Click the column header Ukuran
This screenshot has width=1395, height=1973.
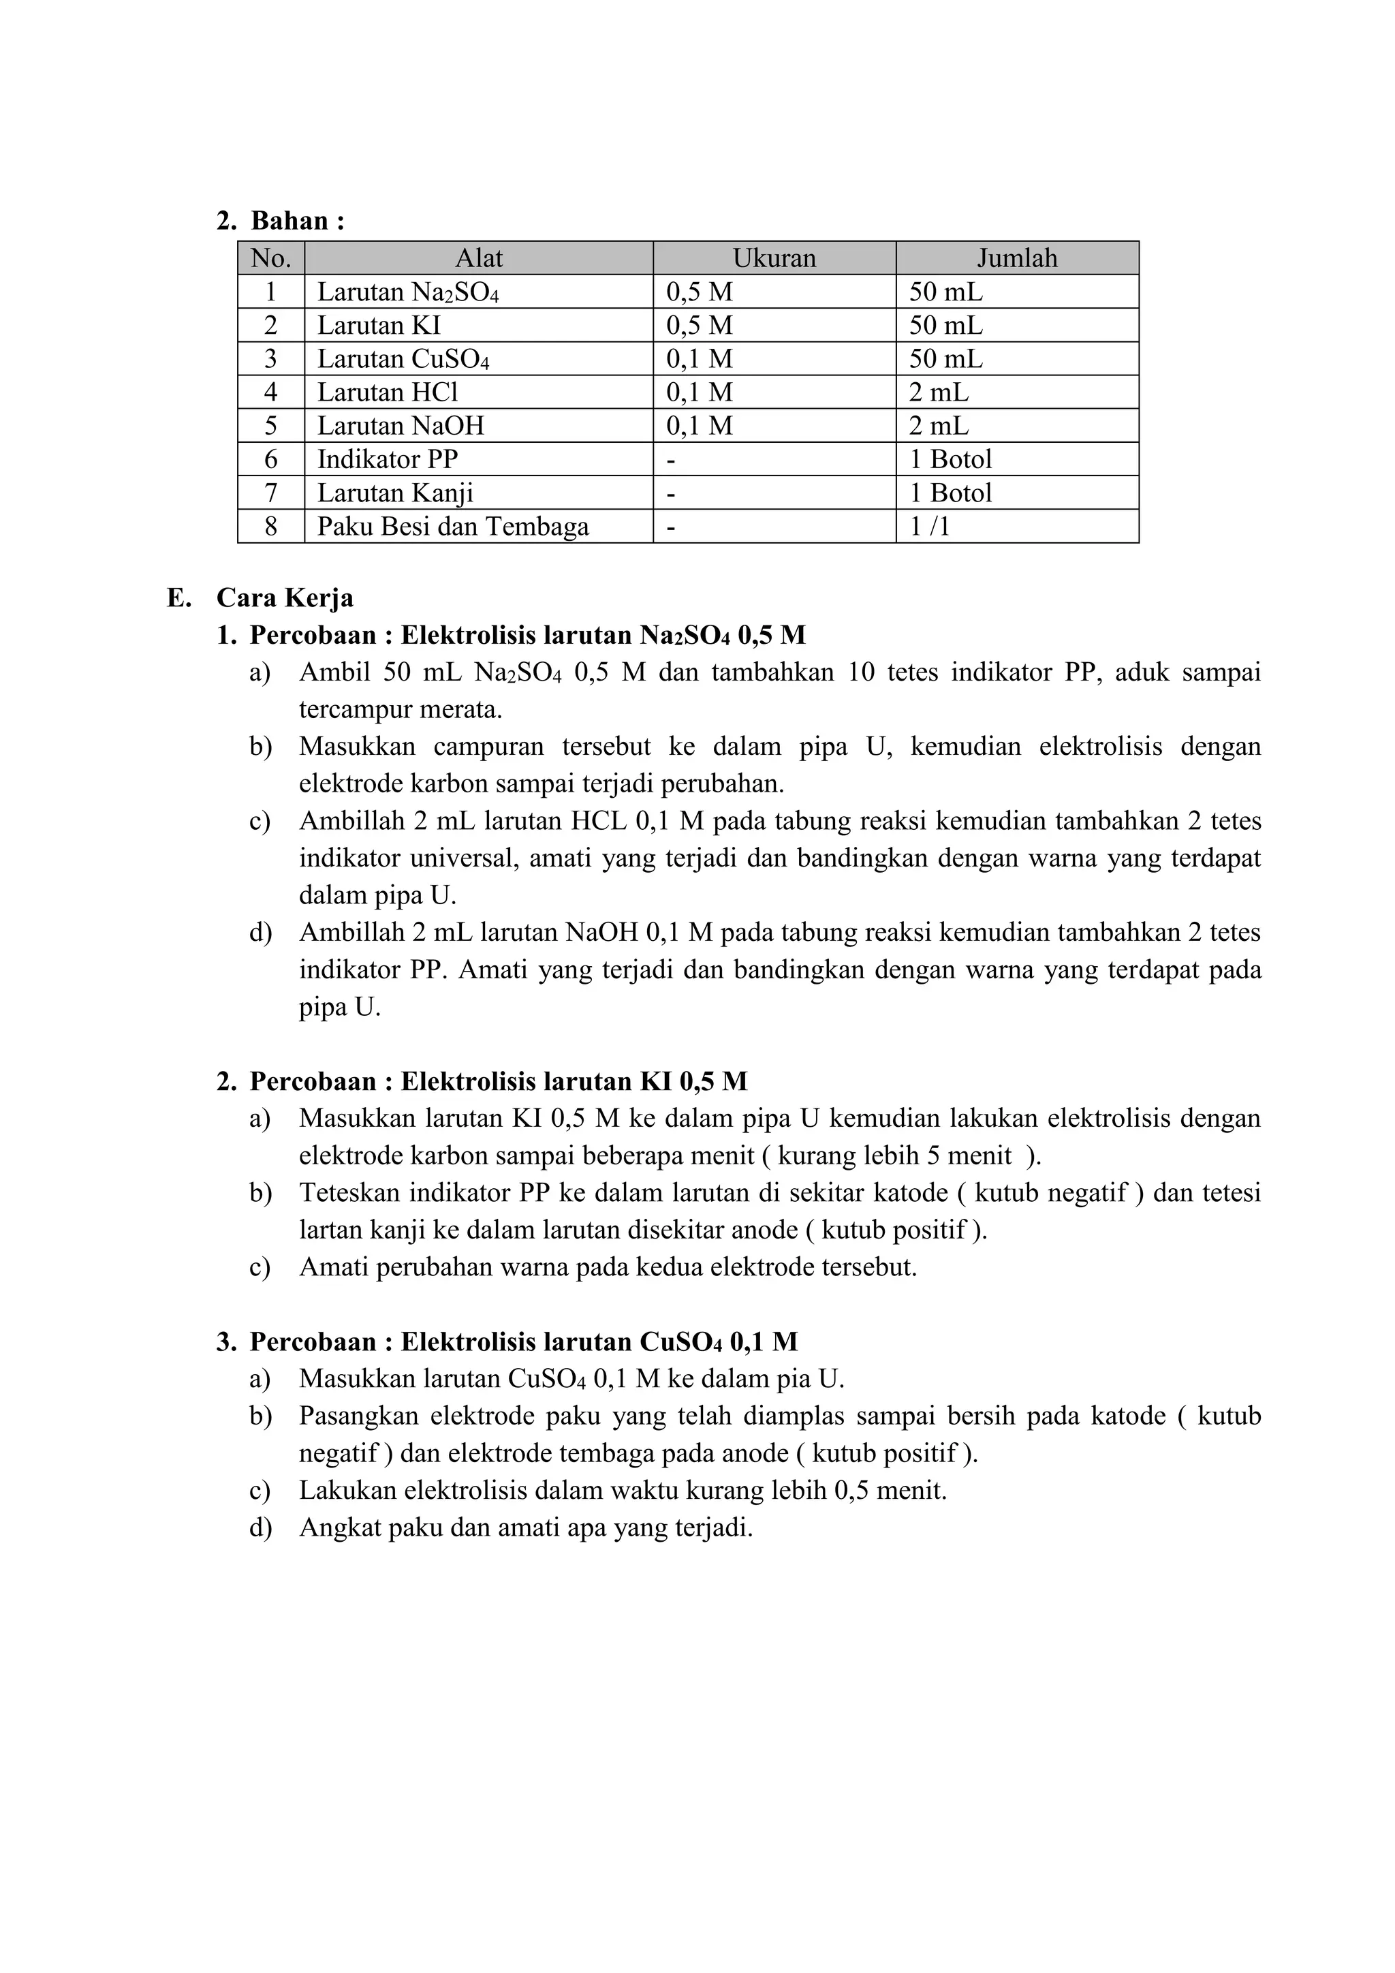(774, 258)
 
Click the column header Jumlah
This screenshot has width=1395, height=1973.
(1017, 258)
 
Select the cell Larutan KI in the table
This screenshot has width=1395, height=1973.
(379, 325)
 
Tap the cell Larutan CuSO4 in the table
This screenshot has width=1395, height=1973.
(403, 358)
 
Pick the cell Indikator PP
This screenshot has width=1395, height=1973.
(388, 459)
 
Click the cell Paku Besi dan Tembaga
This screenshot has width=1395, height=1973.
(453, 526)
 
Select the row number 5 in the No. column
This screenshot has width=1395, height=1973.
(270, 425)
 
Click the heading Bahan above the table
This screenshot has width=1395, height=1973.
(296, 221)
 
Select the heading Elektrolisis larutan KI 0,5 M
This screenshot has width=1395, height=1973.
(574, 1081)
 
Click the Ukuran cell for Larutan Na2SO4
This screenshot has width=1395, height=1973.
(700, 292)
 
